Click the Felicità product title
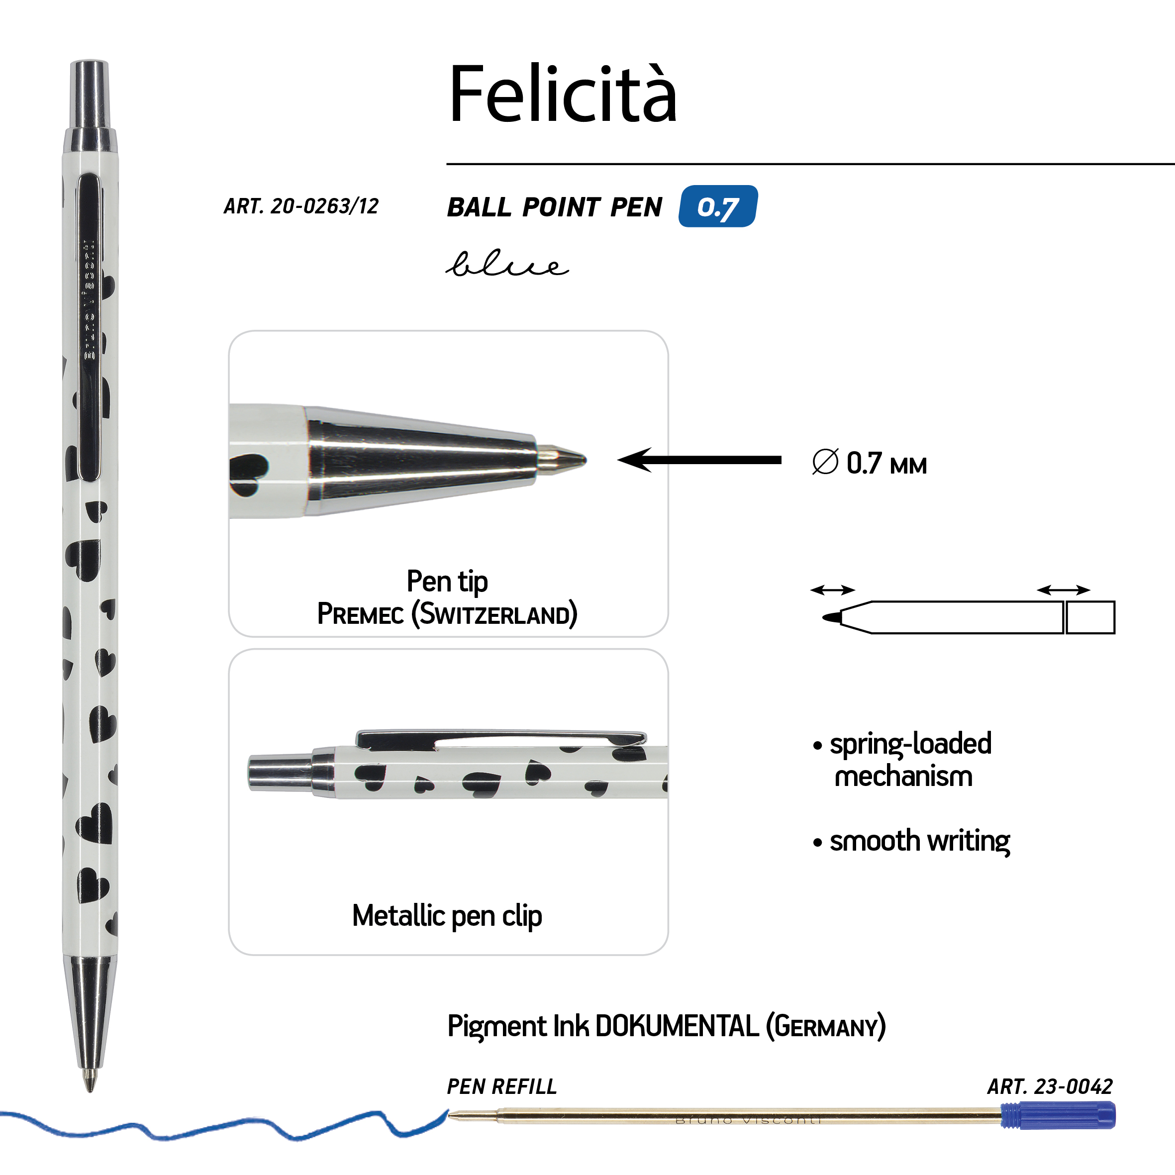pos(563,94)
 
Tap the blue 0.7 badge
pos(718,206)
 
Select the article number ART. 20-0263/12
pos(301,206)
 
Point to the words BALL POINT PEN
pos(554,207)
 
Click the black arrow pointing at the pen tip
pos(699,460)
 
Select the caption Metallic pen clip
pos(447,916)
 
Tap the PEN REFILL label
pos(502,1086)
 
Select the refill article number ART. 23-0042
pos(1050,1086)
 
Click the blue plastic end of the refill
pos(1058,1115)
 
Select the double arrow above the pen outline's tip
pos(833,589)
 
